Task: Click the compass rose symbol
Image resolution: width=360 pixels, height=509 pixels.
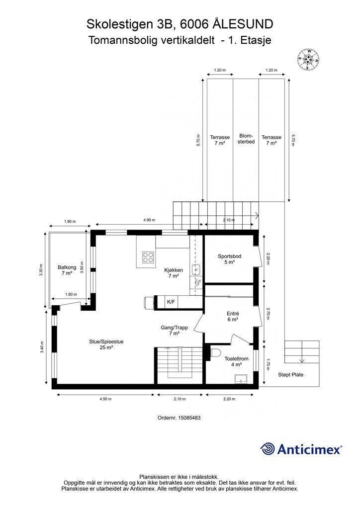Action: click(308, 60)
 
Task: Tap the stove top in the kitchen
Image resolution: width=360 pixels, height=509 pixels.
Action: click(148, 257)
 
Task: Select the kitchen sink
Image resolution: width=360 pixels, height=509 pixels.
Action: click(196, 269)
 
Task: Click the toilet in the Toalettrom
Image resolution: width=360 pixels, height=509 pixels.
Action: click(216, 352)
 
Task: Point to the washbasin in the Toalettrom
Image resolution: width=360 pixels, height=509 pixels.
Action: click(241, 379)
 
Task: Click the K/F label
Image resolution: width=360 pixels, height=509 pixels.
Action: click(171, 302)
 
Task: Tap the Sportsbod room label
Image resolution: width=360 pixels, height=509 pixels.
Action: click(230, 259)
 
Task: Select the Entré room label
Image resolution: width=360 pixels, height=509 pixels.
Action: click(233, 317)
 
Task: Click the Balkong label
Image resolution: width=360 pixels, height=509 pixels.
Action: click(67, 270)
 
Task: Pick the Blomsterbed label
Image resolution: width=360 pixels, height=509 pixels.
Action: click(246, 139)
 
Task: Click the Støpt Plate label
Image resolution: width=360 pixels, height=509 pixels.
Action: click(290, 375)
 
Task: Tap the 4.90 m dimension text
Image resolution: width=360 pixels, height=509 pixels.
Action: click(149, 220)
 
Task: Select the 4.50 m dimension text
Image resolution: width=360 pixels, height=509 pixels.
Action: click(105, 399)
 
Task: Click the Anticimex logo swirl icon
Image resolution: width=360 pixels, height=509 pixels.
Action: click(267, 449)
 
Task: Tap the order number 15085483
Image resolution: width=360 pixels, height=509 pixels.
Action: click(189, 418)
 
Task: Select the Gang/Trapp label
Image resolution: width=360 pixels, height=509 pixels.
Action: click(175, 330)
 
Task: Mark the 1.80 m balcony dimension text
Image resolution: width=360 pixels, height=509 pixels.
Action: click(71, 294)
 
